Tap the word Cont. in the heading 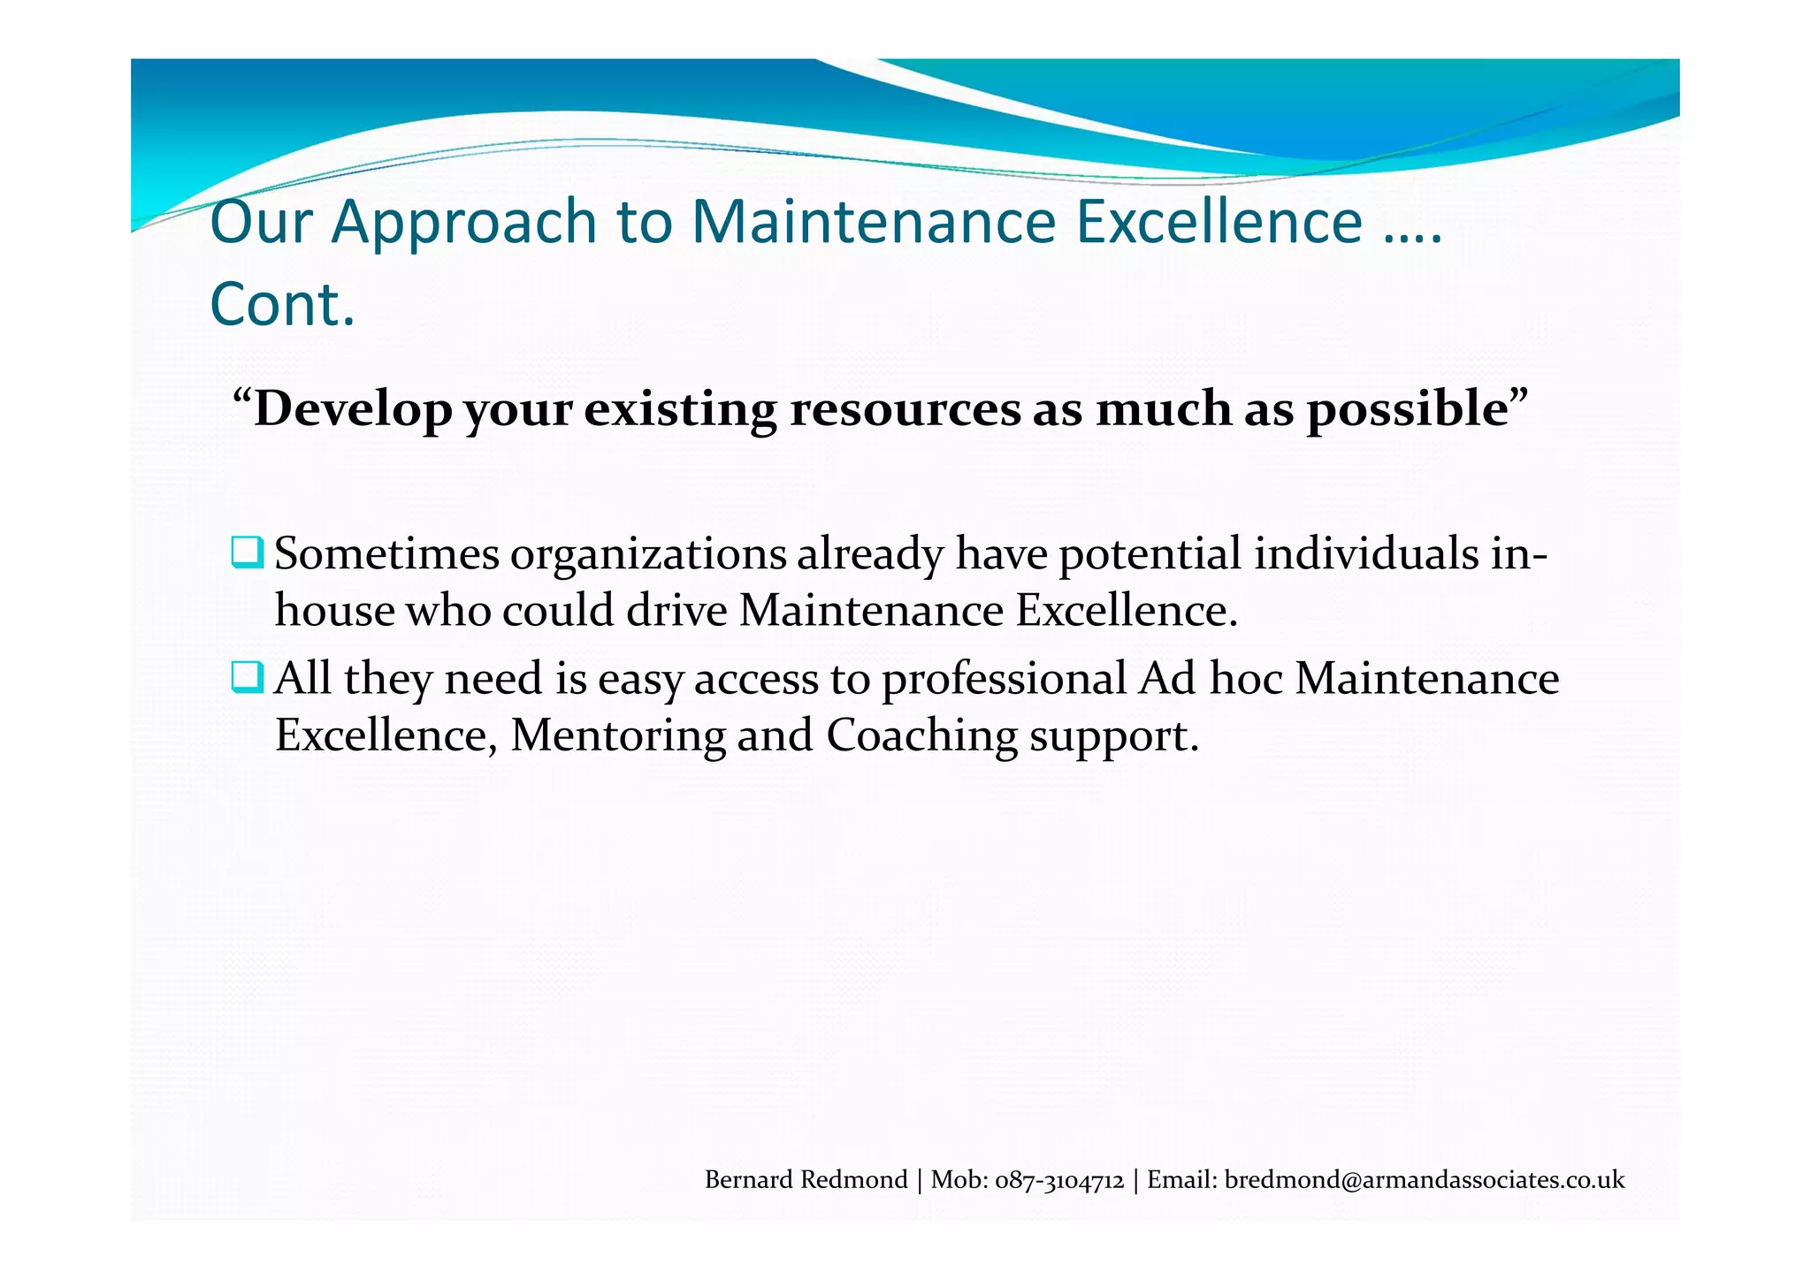(x=282, y=305)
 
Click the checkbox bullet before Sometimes (x=247, y=552)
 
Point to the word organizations (x=647, y=556)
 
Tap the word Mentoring (x=617, y=735)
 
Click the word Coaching (x=921, y=735)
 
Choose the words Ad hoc (x=1210, y=679)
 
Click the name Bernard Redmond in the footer (x=806, y=1180)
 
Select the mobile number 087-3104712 (x=1059, y=1180)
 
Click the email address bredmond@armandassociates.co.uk (x=1424, y=1180)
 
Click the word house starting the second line (x=334, y=610)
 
